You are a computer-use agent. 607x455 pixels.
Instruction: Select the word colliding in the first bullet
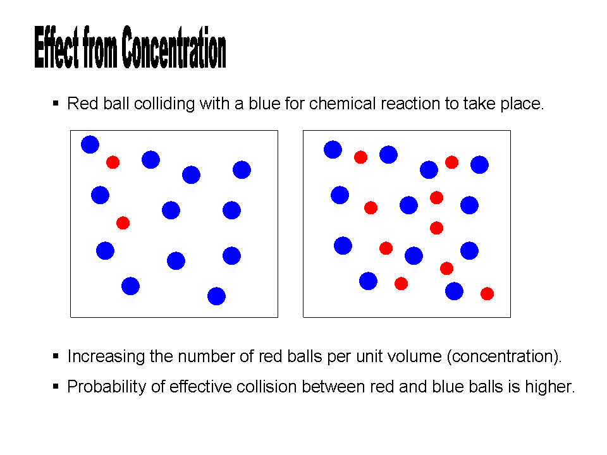tap(164, 104)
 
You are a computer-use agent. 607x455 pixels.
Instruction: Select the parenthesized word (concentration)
tap(504, 356)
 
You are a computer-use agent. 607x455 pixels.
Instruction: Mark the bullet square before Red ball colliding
tap(56, 102)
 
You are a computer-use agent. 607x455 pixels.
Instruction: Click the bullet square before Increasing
tap(56, 356)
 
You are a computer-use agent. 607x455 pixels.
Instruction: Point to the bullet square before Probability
tap(56, 385)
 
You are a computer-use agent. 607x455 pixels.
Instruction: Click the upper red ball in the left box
tap(113, 162)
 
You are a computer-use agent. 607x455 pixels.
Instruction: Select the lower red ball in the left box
tap(123, 223)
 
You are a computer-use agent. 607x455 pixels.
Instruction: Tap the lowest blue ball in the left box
tap(216, 296)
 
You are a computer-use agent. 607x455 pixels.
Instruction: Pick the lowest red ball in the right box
tap(487, 294)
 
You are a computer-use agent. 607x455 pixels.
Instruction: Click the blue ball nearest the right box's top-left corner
tap(333, 150)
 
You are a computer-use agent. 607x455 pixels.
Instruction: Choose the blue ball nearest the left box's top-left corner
tap(90, 145)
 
